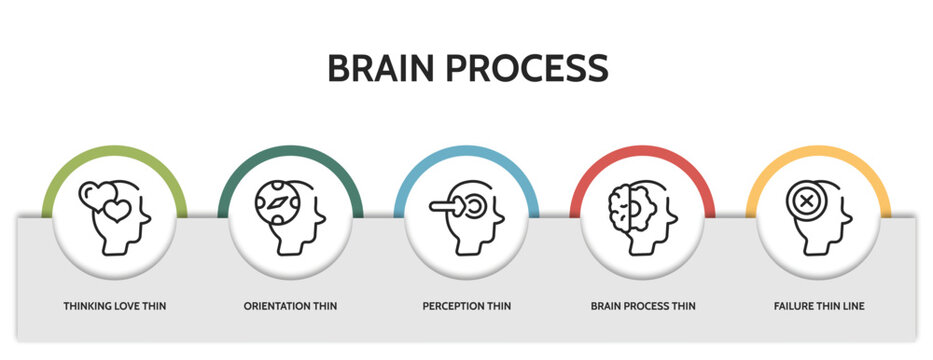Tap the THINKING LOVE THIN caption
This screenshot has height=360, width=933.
click(115, 305)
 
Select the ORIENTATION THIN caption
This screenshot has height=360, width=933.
click(290, 305)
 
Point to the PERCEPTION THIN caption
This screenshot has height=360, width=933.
click(466, 305)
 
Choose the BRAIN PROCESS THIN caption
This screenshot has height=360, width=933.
click(643, 305)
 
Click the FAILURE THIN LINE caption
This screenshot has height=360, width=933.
click(819, 305)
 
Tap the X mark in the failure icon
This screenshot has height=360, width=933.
click(805, 200)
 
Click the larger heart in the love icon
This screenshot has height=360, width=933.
click(117, 211)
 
